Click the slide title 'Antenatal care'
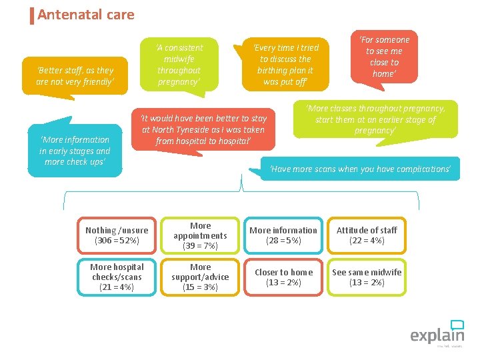(x=86, y=15)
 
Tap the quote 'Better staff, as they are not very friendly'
(x=75, y=76)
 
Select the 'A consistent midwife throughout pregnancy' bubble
(x=179, y=65)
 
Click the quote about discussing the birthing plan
(x=286, y=65)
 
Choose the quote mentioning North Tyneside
(x=203, y=129)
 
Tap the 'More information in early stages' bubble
(x=75, y=151)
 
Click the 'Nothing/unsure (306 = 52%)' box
(x=117, y=235)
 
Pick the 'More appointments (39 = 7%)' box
(x=200, y=236)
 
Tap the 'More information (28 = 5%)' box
(x=283, y=235)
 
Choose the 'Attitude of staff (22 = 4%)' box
(x=367, y=235)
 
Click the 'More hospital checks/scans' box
(x=117, y=277)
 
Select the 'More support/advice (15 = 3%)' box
(x=200, y=277)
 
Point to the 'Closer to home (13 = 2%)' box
(x=283, y=277)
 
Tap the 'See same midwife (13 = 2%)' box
(x=367, y=277)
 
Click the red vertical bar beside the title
(x=32, y=15)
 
